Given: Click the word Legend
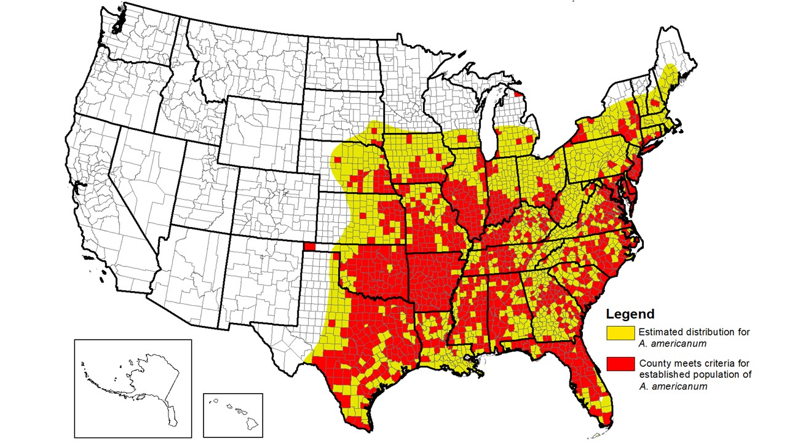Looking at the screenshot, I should [x=630, y=314].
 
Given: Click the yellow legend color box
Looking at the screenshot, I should [x=621, y=333].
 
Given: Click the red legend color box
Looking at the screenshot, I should [x=621, y=364].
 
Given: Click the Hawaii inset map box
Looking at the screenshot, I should [x=232, y=415].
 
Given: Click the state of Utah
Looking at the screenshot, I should [x=184, y=197].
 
